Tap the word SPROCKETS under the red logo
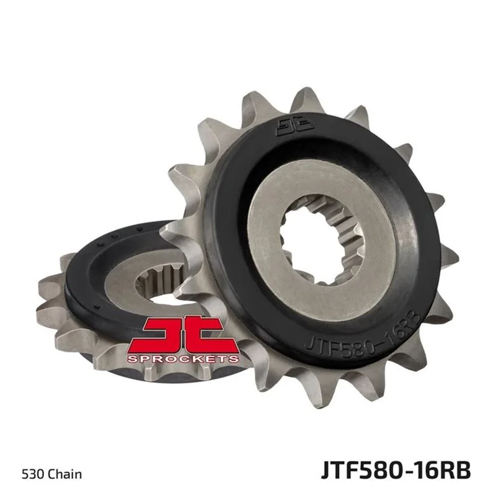click(x=183, y=359)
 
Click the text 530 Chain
click(x=52, y=474)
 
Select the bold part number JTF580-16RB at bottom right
click(x=396, y=471)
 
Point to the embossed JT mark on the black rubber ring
click(x=296, y=126)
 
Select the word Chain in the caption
click(x=65, y=474)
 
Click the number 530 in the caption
click(x=33, y=474)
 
